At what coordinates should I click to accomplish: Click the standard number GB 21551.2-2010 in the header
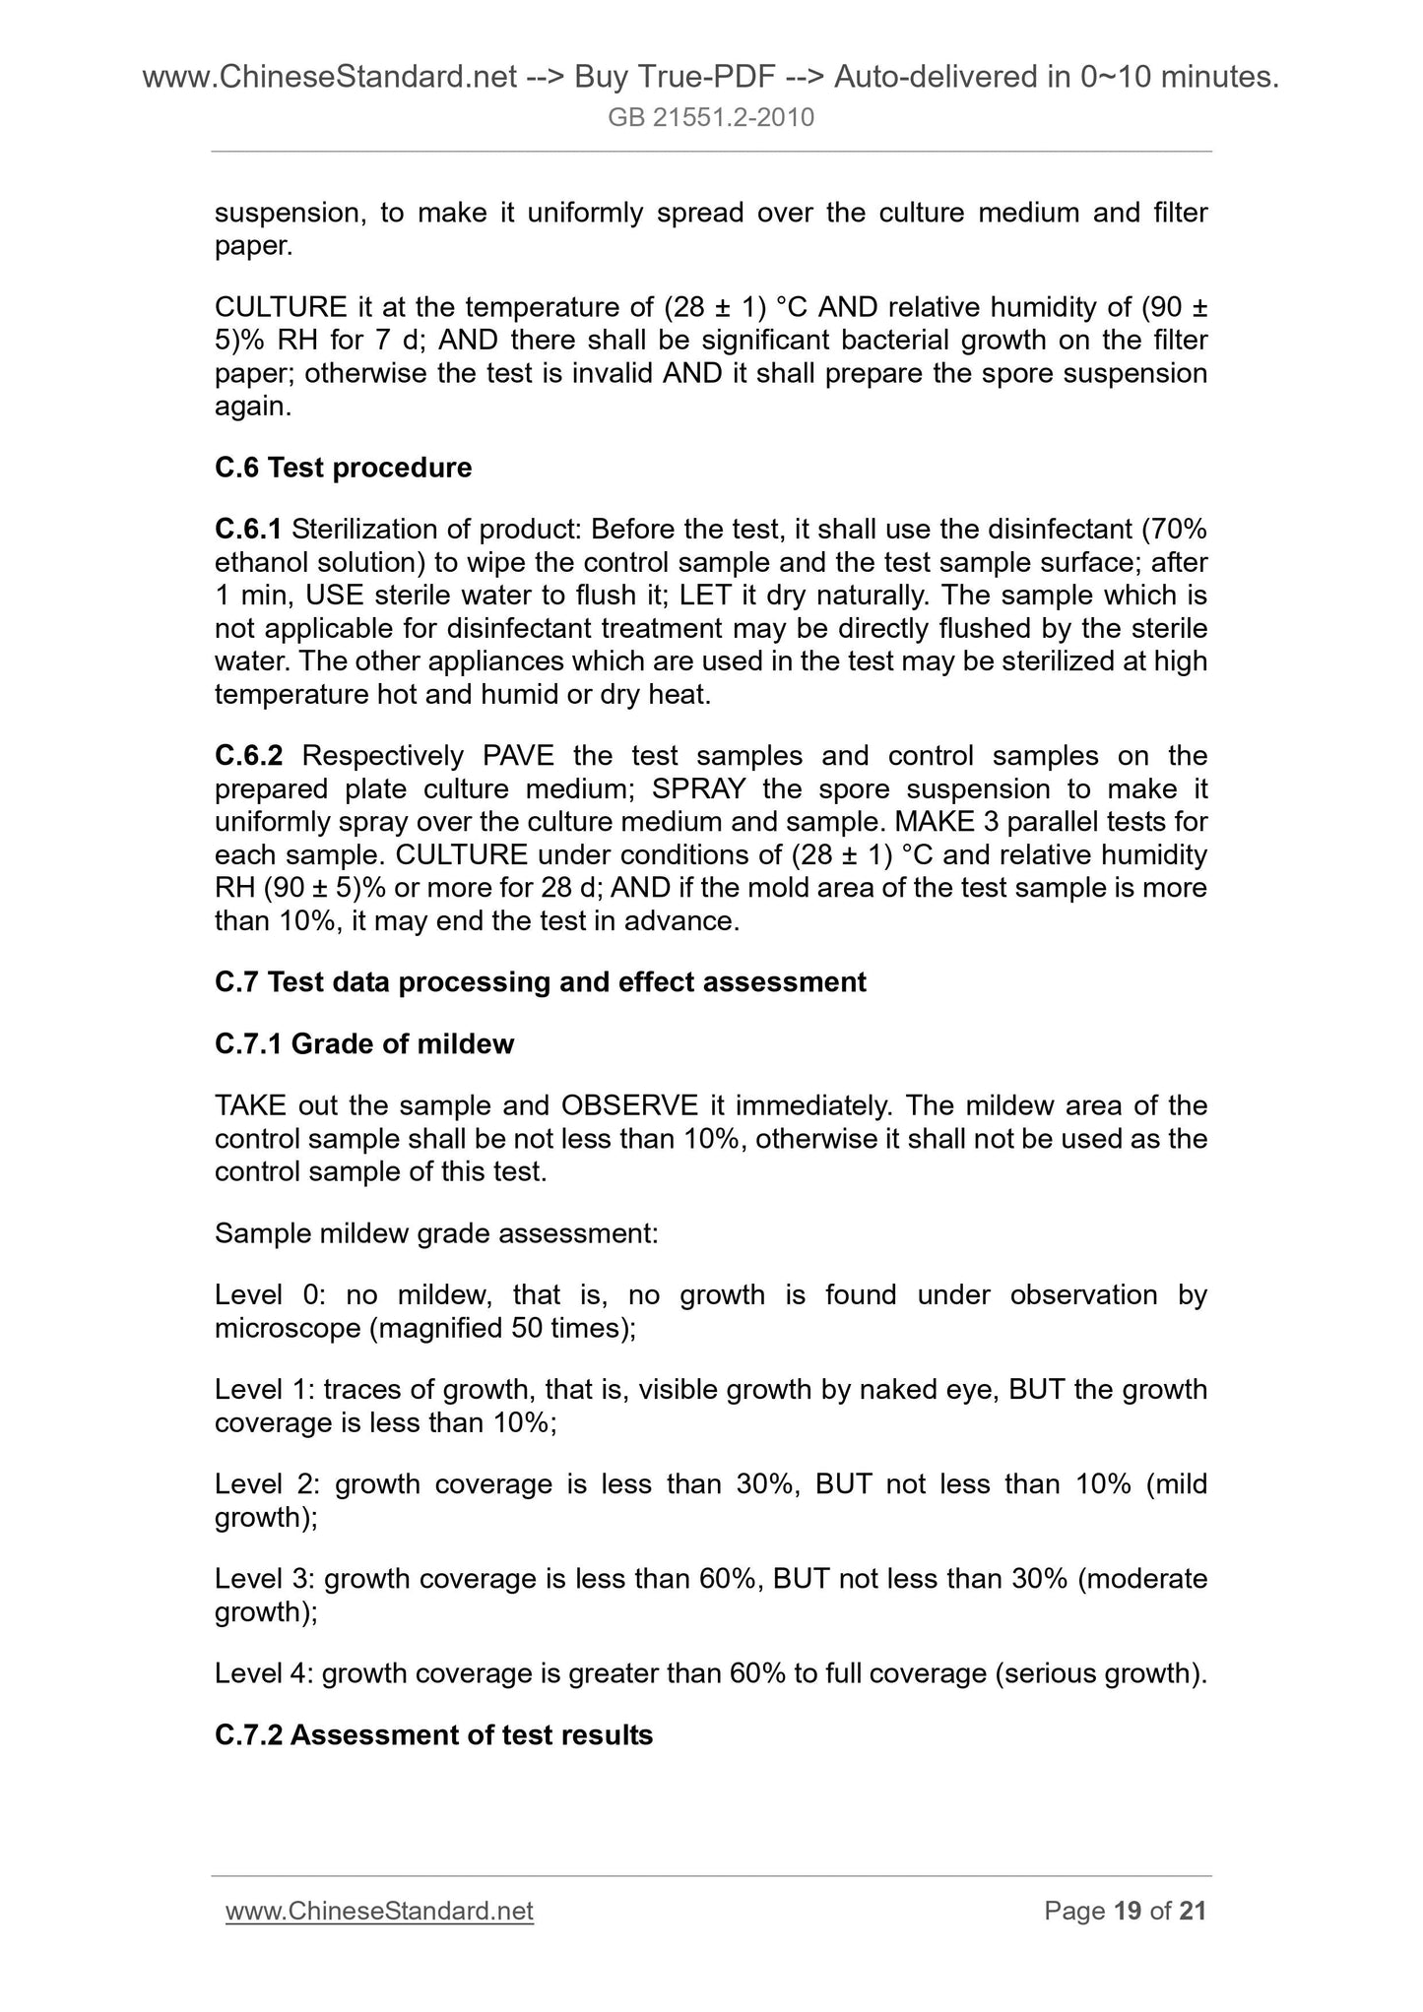(711, 118)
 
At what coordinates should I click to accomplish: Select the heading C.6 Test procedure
(343, 468)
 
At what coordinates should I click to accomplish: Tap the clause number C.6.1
(248, 530)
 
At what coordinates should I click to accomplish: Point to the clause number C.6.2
(248, 756)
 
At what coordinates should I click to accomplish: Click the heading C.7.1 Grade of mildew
(363, 1043)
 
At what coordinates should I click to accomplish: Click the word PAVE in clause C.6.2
(519, 756)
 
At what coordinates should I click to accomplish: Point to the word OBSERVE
(629, 1105)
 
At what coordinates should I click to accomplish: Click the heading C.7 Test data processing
(540, 981)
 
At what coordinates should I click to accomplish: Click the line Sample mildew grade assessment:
(436, 1232)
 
